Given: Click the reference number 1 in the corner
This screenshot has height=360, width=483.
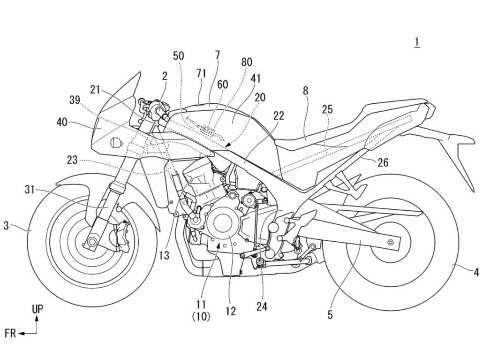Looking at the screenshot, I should point(416,42).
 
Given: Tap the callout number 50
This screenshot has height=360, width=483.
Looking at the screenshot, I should point(178,56).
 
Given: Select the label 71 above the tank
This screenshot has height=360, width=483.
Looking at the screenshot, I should point(201,73).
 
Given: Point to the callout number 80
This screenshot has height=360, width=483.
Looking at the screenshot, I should point(246,62).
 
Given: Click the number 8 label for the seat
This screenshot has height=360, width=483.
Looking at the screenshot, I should point(305,91).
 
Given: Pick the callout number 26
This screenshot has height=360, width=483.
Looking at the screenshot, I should point(383,163).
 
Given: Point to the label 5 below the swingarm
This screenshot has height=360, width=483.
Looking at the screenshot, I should point(330,315).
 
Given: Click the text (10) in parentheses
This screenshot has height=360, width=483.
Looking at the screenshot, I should point(201,317).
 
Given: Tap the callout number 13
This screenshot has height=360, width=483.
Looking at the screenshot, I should point(164,256).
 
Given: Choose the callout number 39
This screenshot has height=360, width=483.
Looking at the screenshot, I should point(74,100).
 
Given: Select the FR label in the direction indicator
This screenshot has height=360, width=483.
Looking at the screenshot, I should point(10,334).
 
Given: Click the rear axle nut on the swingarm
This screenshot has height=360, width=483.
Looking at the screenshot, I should point(390,242).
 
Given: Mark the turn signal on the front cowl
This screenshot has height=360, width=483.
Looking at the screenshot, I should point(114,142).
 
